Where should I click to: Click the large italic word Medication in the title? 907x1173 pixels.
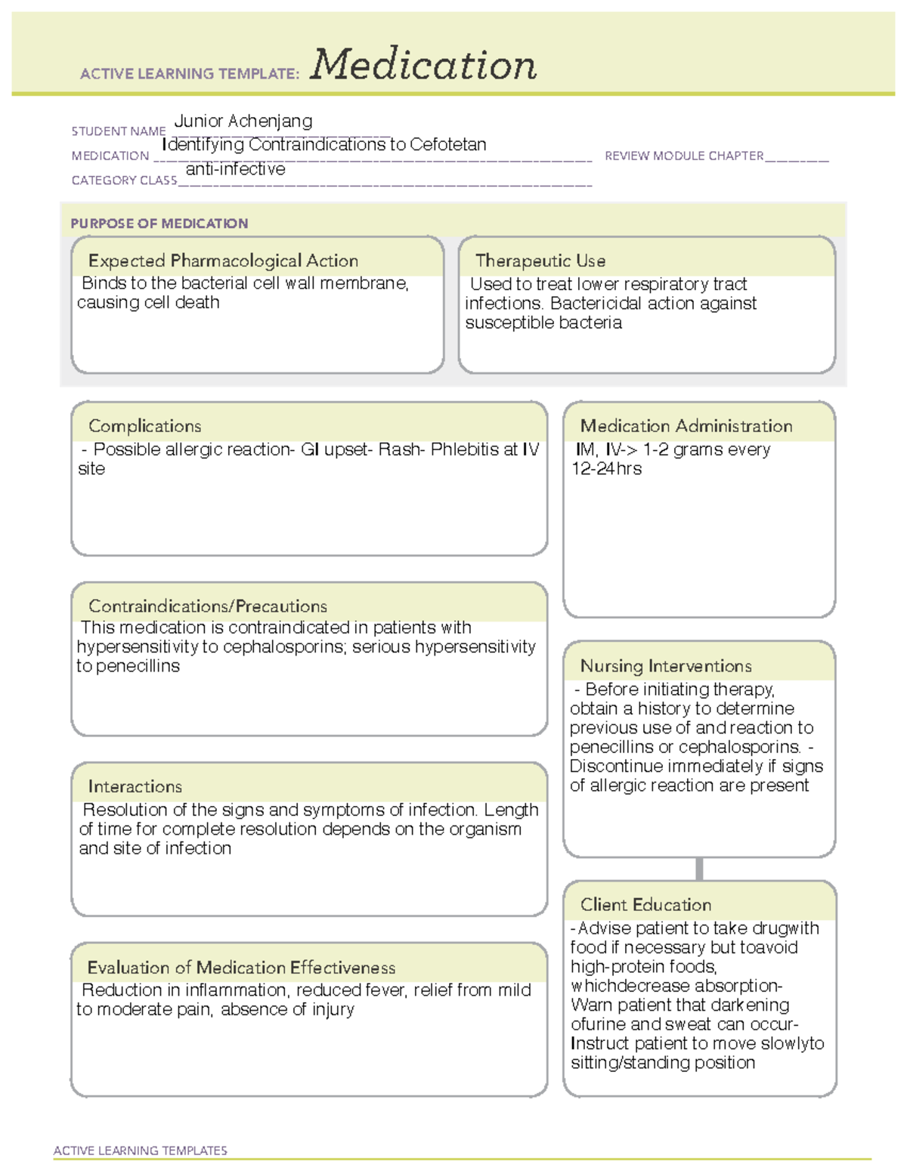(423, 65)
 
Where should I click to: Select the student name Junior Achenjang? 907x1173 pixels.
(243, 121)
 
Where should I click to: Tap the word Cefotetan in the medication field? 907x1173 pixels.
(447, 144)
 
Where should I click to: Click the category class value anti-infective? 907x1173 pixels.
(235, 169)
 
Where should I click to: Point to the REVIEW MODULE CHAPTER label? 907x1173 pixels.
(684, 156)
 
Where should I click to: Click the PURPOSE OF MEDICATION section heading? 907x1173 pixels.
(159, 224)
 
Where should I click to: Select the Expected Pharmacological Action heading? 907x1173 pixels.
(223, 261)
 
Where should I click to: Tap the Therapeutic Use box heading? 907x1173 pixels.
(540, 261)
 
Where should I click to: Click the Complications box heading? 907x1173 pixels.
(144, 426)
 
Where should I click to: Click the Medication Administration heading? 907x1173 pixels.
(686, 426)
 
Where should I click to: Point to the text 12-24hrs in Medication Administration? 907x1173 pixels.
(606, 469)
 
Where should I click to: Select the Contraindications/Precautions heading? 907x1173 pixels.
(207, 606)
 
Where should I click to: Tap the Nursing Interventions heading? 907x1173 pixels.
(665, 666)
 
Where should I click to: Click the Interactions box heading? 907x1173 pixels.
(135, 786)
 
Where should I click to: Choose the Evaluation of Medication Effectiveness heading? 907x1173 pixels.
(241, 968)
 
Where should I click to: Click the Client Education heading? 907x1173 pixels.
(645, 905)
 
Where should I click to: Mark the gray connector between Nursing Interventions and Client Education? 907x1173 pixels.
(699, 869)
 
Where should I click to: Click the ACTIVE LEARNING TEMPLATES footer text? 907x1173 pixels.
(140, 1150)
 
